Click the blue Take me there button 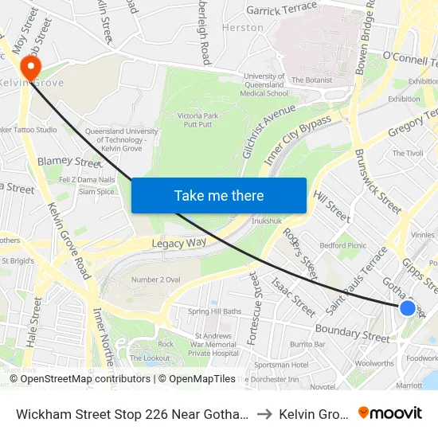point(218,196)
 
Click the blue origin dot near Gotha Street point(407,308)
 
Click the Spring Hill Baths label point(214,311)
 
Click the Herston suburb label point(243,27)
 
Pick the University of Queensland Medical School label point(264,84)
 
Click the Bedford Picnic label point(342,246)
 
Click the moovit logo point(389,413)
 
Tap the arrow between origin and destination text point(264,413)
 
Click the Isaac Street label point(293,296)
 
